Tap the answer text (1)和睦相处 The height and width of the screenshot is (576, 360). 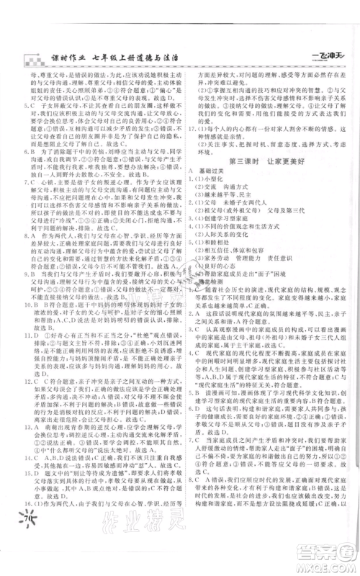click(214, 263)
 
